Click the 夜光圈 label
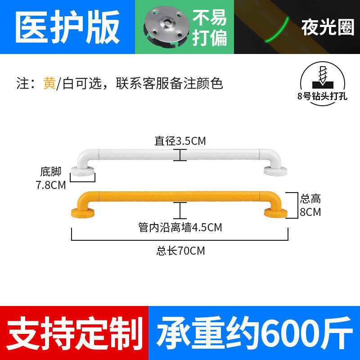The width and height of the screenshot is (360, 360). pyautogui.click(x=328, y=28)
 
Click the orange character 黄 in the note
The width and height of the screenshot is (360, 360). pyautogui.click(x=49, y=84)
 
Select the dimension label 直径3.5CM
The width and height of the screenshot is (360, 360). pyautogui.click(x=180, y=141)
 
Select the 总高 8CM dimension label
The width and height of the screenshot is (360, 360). pyautogui.click(x=310, y=205)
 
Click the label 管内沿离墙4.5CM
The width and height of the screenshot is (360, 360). pyautogui.click(x=180, y=227)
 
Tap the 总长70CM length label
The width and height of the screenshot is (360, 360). pyautogui.click(x=180, y=251)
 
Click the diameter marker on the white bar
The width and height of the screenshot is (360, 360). pyautogui.click(x=180, y=155)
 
